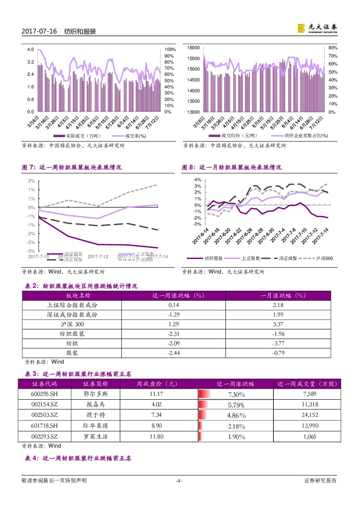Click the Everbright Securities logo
(x=317, y=28)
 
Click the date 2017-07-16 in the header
(x=39, y=32)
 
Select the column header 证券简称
(x=95, y=384)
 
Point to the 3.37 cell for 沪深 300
(x=278, y=324)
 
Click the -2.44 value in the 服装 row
(x=174, y=353)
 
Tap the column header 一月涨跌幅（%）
(x=278, y=295)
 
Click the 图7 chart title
(x=72, y=167)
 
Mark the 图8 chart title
(x=232, y=167)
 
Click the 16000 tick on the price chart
(x=192, y=47)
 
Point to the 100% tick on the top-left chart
(x=170, y=50)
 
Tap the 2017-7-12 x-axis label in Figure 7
(x=98, y=256)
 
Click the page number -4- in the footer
(x=178, y=481)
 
